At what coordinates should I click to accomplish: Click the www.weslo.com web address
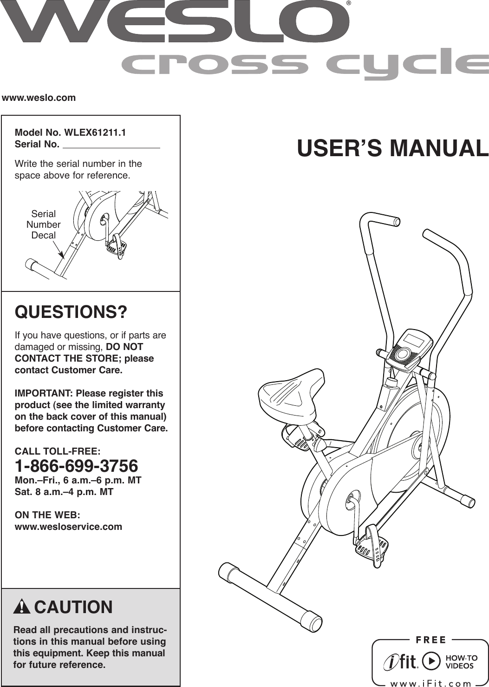pos(39,98)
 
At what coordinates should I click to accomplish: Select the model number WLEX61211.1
pos(95,132)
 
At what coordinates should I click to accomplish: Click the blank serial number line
pos(111,145)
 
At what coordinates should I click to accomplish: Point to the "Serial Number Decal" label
pos(43,225)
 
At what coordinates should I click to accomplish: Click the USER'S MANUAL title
pos(392,148)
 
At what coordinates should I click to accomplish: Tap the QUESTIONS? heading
pos(71,312)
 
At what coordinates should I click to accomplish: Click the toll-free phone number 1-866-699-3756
pos(77,466)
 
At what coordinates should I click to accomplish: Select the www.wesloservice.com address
pos(69,527)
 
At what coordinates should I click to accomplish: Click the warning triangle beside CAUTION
pos(22,608)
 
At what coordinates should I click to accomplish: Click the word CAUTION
pos(73,608)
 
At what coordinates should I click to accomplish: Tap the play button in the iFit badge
pos(432,661)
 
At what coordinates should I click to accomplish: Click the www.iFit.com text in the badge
pos(430,683)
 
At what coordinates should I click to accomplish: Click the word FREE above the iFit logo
pos(430,640)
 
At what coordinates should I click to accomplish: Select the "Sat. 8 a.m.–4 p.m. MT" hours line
pos(64,492)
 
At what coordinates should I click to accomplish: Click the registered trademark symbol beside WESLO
pos(349,4)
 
